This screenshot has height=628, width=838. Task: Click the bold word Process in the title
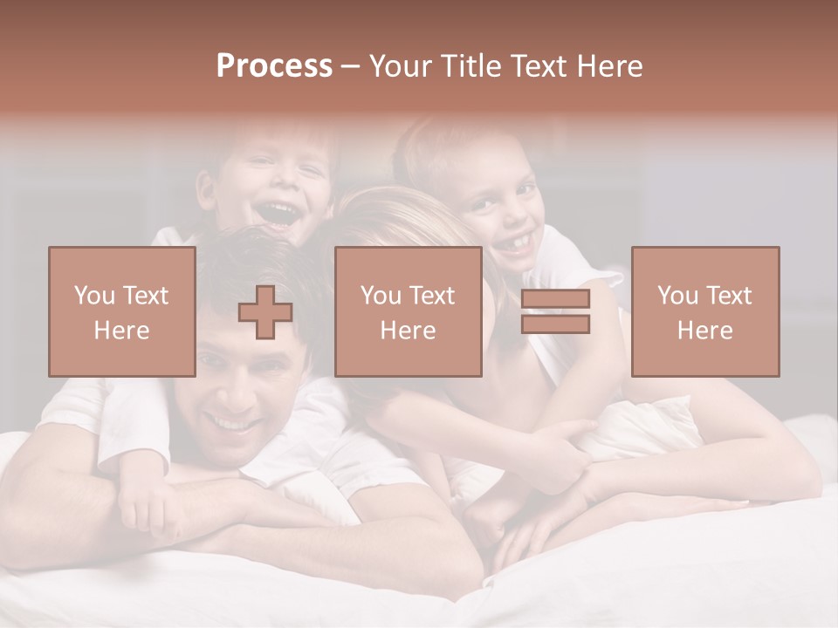[274, 66]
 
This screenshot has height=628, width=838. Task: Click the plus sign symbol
[265, 312]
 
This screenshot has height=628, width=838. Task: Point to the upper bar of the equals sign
[555, 299]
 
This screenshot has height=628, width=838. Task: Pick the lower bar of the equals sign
[555, 324]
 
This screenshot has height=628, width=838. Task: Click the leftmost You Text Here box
[121, 312]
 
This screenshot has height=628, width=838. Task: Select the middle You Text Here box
[408, 312]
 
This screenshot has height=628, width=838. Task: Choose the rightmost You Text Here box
[704, 312]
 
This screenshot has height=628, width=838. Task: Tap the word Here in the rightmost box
[704, 331]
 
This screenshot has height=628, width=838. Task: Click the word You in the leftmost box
[93, 296]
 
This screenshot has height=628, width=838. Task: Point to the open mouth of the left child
[279, 214]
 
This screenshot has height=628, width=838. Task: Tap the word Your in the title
[402, 66]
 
